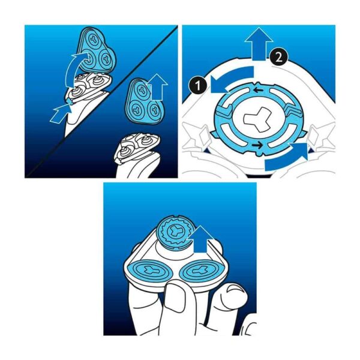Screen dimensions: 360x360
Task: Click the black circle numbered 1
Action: tap(198, 86)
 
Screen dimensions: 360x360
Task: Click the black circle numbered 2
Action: tap(279, 57)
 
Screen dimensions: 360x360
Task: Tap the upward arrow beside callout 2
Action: tap(259, 44)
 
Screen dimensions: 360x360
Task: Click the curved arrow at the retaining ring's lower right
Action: tap(287, 158)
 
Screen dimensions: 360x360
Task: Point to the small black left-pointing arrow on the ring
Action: tap(258, 91)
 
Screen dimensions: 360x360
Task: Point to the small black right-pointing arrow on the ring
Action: tap(257, 145)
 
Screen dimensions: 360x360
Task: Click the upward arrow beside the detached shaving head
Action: tap(157, 87)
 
